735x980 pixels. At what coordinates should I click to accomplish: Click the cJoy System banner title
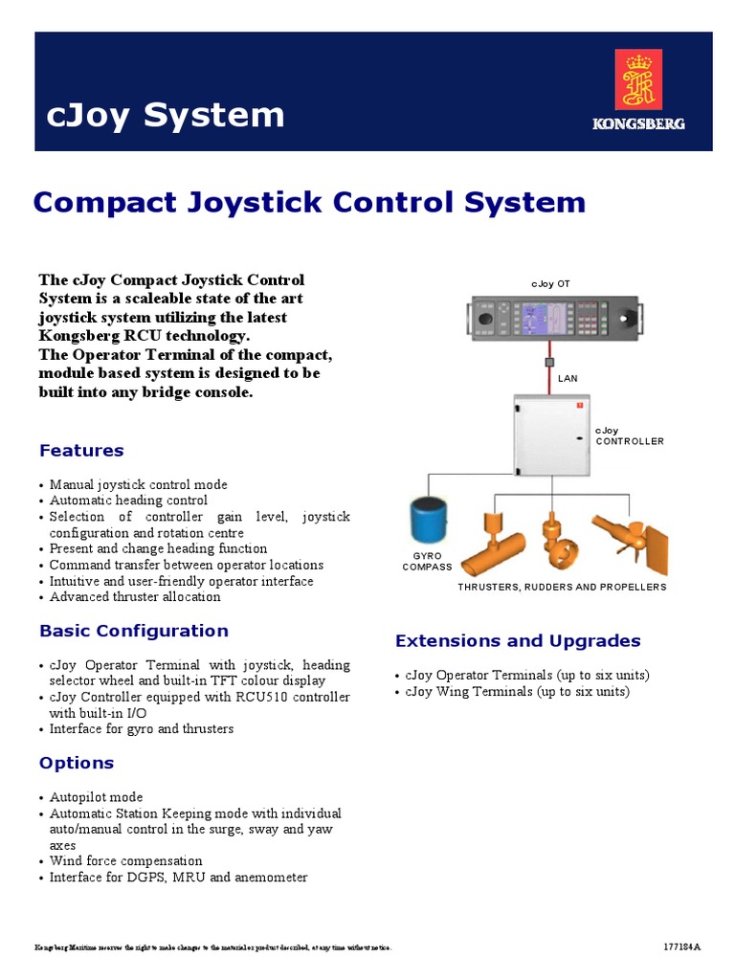pos(166,115)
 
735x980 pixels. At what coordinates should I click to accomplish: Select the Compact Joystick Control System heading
pos(309,202)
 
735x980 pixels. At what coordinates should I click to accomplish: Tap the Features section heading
pos(81,450)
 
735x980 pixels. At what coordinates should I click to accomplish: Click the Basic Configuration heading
pos(134,631)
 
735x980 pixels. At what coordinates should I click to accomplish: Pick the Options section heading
pos(77,763)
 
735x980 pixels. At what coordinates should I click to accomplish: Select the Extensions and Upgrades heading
pos(518,641)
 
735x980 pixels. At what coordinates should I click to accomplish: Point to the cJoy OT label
pos(550,284)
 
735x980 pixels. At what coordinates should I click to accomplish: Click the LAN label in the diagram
pos(568,378)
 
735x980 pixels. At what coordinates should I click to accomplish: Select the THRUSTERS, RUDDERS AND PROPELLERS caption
pos(561,587)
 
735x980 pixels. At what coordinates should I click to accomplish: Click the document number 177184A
pos(681,947)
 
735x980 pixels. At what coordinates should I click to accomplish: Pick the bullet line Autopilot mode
pos(96,797)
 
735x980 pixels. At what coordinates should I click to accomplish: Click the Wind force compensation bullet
pos(125,861)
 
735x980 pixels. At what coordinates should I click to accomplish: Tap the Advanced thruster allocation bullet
pos(135,597)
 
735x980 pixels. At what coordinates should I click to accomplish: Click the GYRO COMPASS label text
pos(426,561)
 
